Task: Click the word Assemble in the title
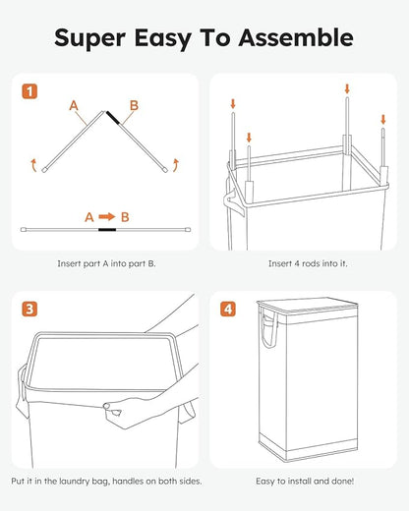291,38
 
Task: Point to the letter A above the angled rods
73,104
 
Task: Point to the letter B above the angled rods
134,104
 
